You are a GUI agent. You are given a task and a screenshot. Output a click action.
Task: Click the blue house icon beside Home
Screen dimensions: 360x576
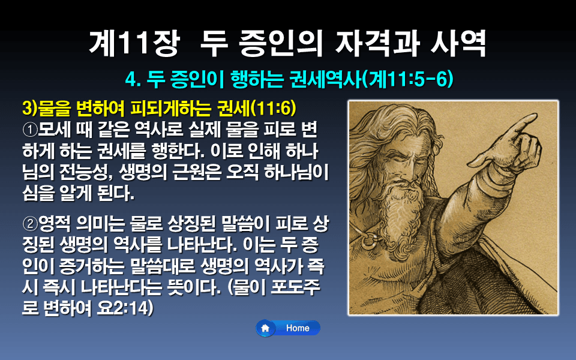tap(265, 328)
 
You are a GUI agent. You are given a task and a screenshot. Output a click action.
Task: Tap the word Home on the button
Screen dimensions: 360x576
tap(298, 328)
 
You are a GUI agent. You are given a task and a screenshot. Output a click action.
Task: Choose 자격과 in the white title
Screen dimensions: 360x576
tap(371, 43)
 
